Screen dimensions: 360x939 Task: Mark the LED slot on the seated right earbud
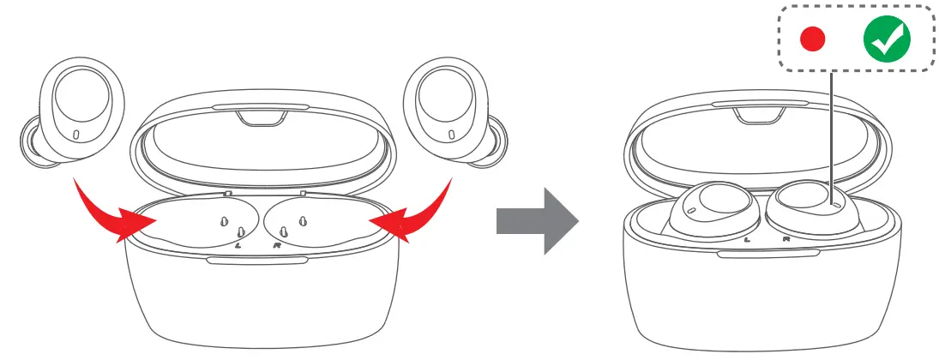835,206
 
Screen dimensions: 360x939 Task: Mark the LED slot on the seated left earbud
689,208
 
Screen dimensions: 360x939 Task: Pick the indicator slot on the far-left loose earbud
76,135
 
